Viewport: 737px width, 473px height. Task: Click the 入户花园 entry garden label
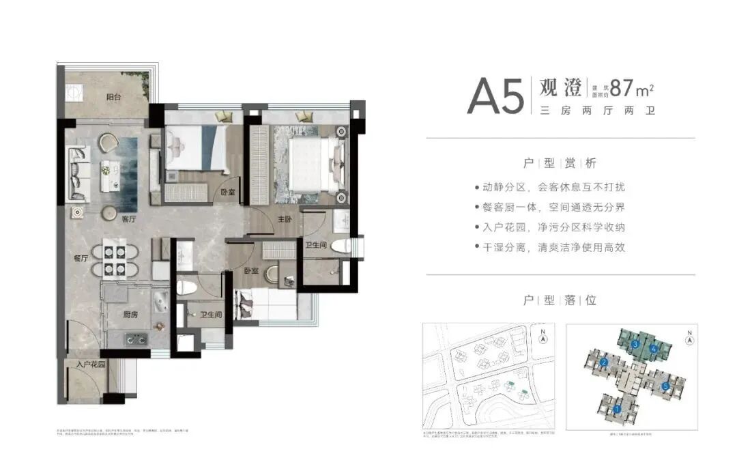(91, 365)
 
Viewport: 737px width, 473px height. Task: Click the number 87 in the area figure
(622, 89)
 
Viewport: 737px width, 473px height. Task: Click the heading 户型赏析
(560, 163)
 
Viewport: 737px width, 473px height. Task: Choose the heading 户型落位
(560, 300)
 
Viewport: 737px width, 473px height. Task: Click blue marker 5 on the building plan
(665, 387)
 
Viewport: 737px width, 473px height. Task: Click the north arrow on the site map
(543, 336)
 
